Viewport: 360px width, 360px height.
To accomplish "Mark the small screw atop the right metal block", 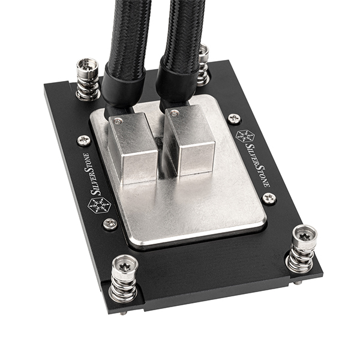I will [x=174, y=113].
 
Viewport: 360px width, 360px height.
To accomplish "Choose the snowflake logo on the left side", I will [x=98, y=206].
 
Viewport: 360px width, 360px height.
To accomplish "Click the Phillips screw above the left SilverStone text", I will [x=83, y=140].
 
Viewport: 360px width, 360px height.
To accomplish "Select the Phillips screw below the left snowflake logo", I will [x=110, y=224].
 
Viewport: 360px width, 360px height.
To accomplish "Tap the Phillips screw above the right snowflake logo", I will [x=235, y=119].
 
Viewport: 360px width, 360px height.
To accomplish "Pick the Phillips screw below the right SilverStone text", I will [x=269, y=197].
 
